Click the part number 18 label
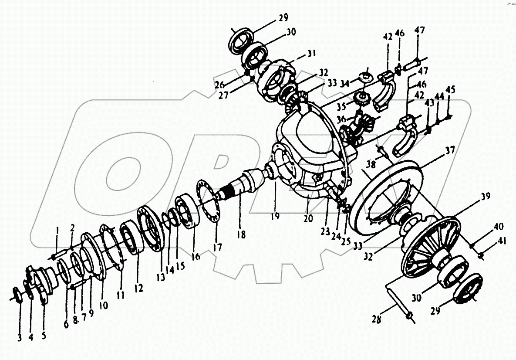tap(241, 234)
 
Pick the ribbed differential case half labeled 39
tap(431, 248)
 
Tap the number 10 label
tap(104, 306)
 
